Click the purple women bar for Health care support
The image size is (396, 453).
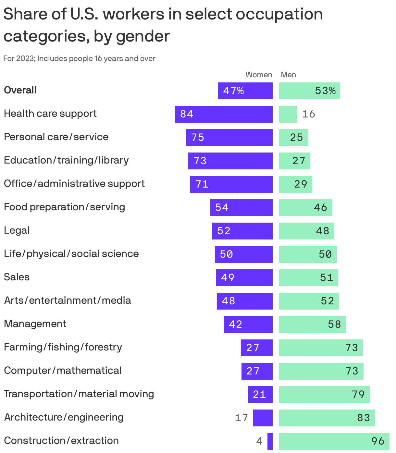(224, 114)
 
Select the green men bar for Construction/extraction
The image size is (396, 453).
(334, 441)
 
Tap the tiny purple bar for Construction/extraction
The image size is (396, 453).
(270, 441)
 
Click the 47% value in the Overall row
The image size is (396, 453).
(233, 91)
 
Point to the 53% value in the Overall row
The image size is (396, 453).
(325, 91)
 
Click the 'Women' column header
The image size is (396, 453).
(259, 75)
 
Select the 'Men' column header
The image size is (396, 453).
(288, 75)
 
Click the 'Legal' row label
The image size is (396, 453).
(17, 230)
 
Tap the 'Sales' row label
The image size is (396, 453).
(17, 277)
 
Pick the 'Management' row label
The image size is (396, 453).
(35, 324)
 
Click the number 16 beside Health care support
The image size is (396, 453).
(308, 114)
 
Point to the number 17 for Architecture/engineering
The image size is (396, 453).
(241, 418)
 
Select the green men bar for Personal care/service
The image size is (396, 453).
(293, 138)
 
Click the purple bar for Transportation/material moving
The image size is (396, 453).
(260, 395)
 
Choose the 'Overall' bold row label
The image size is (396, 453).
(20, 90)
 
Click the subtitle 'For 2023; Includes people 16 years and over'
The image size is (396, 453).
(79, 59)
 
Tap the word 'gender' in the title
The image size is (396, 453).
(143, 36)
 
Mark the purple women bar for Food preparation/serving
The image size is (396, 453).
(241, 208)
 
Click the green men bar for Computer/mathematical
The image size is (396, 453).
(321, 371)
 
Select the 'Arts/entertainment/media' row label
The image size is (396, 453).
(68, 300)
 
